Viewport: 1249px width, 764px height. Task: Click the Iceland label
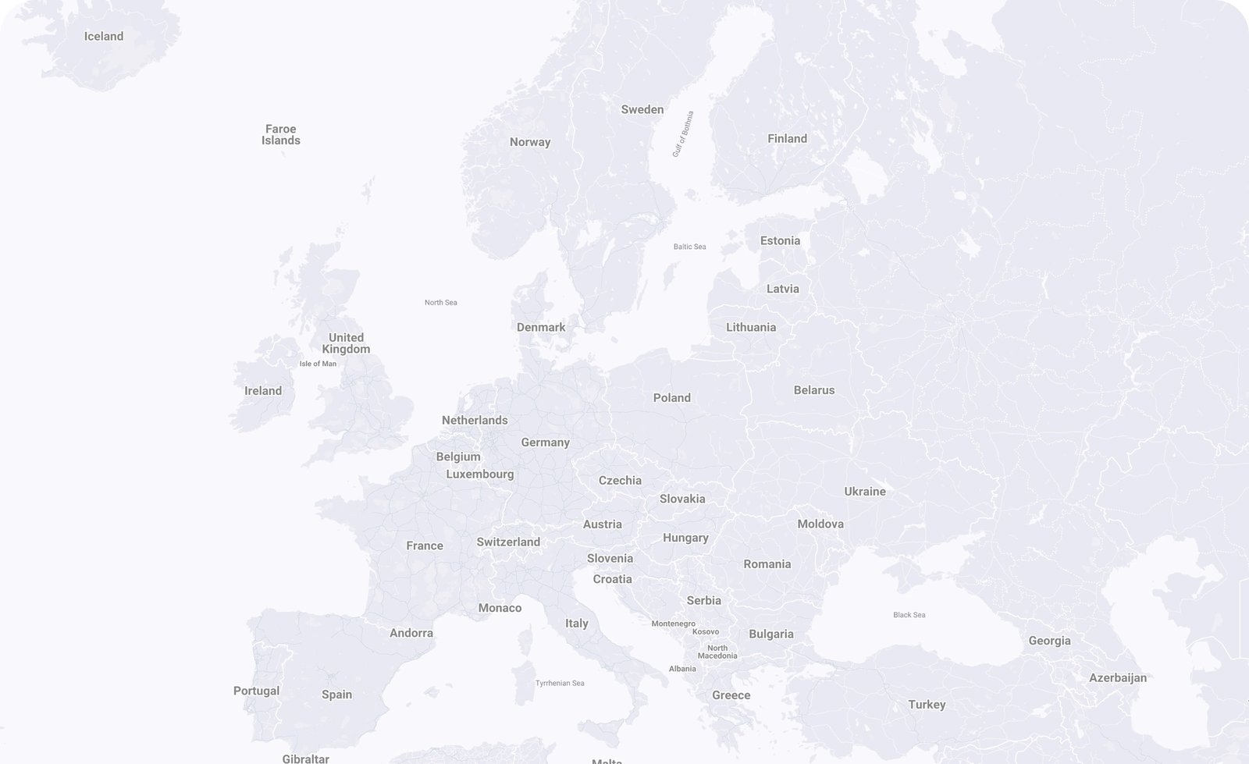click(104, 36)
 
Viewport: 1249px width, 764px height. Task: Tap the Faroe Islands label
click(281, 135)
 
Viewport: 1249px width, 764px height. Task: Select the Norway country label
click(530, 142)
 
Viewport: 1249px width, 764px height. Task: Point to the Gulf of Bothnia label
click(682, 134)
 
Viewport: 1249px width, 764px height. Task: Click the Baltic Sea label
click(689, 247)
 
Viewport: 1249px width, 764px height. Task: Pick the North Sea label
click(441, 303)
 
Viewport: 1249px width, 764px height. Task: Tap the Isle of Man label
click(318, 364)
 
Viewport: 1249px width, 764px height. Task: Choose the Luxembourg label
click(480, 474)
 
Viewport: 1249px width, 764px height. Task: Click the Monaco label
click(500, 608)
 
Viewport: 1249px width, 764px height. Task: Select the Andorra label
click(411, 633)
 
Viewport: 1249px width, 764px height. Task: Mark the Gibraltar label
click(305, 759)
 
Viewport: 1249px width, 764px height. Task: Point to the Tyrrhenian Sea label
click(560, 684)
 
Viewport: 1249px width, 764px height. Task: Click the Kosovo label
click(706, 632)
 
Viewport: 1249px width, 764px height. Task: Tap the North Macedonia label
click(717, 652)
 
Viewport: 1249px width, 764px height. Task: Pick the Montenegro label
click(673, 624)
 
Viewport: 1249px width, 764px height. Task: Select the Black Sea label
click(909, 615)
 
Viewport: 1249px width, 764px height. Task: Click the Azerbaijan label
click(1118, 677)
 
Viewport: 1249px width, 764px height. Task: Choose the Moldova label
click(820, 524)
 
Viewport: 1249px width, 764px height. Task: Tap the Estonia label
click(781, 240)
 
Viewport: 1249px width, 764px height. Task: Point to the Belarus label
click(814, 390)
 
